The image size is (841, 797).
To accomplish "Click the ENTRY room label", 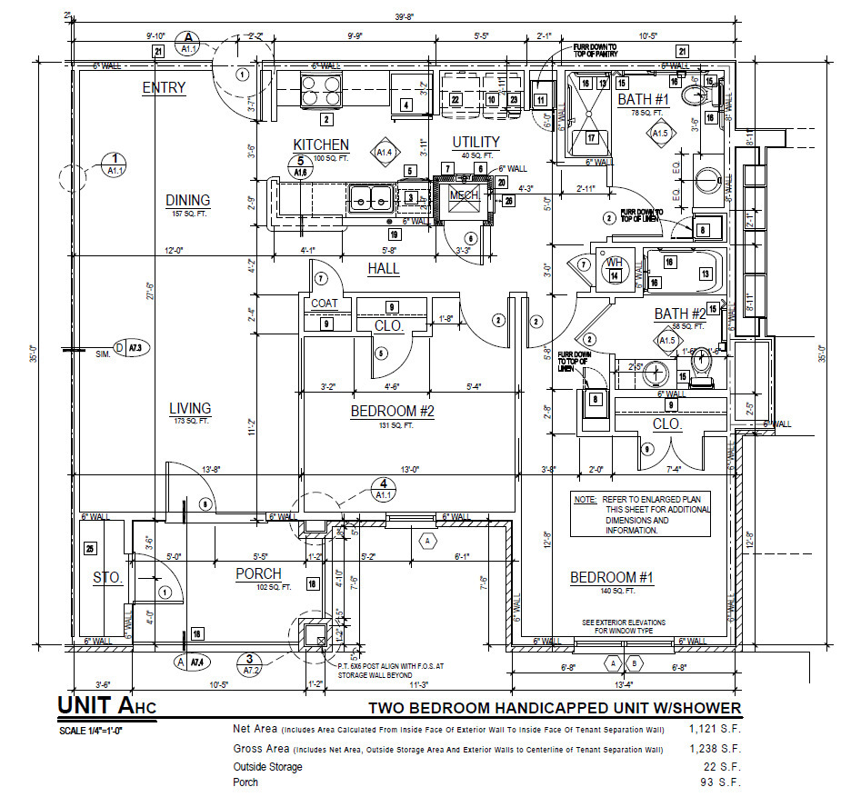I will tap(164, 88).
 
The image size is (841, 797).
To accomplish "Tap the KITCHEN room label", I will tap(320, 145).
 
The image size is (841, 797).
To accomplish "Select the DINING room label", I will tap(187, 201).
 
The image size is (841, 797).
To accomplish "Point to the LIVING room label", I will tap(189, 409).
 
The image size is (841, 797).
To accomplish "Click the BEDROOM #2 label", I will tap(393, 412).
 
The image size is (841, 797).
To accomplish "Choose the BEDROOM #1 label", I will tap(611, 578).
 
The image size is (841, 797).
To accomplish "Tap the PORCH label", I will tap(258, 574).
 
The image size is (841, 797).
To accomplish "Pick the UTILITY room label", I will tap(476, 142).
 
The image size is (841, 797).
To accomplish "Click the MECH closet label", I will tap(463, 194).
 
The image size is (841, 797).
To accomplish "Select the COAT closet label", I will tap(325, 304).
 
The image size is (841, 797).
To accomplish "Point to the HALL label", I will tap(384, 269).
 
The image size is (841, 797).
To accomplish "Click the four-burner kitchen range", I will tap(315, 91).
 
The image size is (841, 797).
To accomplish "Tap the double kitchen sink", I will tap(371, 195).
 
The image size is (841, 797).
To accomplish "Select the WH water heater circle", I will tap(614, 264).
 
